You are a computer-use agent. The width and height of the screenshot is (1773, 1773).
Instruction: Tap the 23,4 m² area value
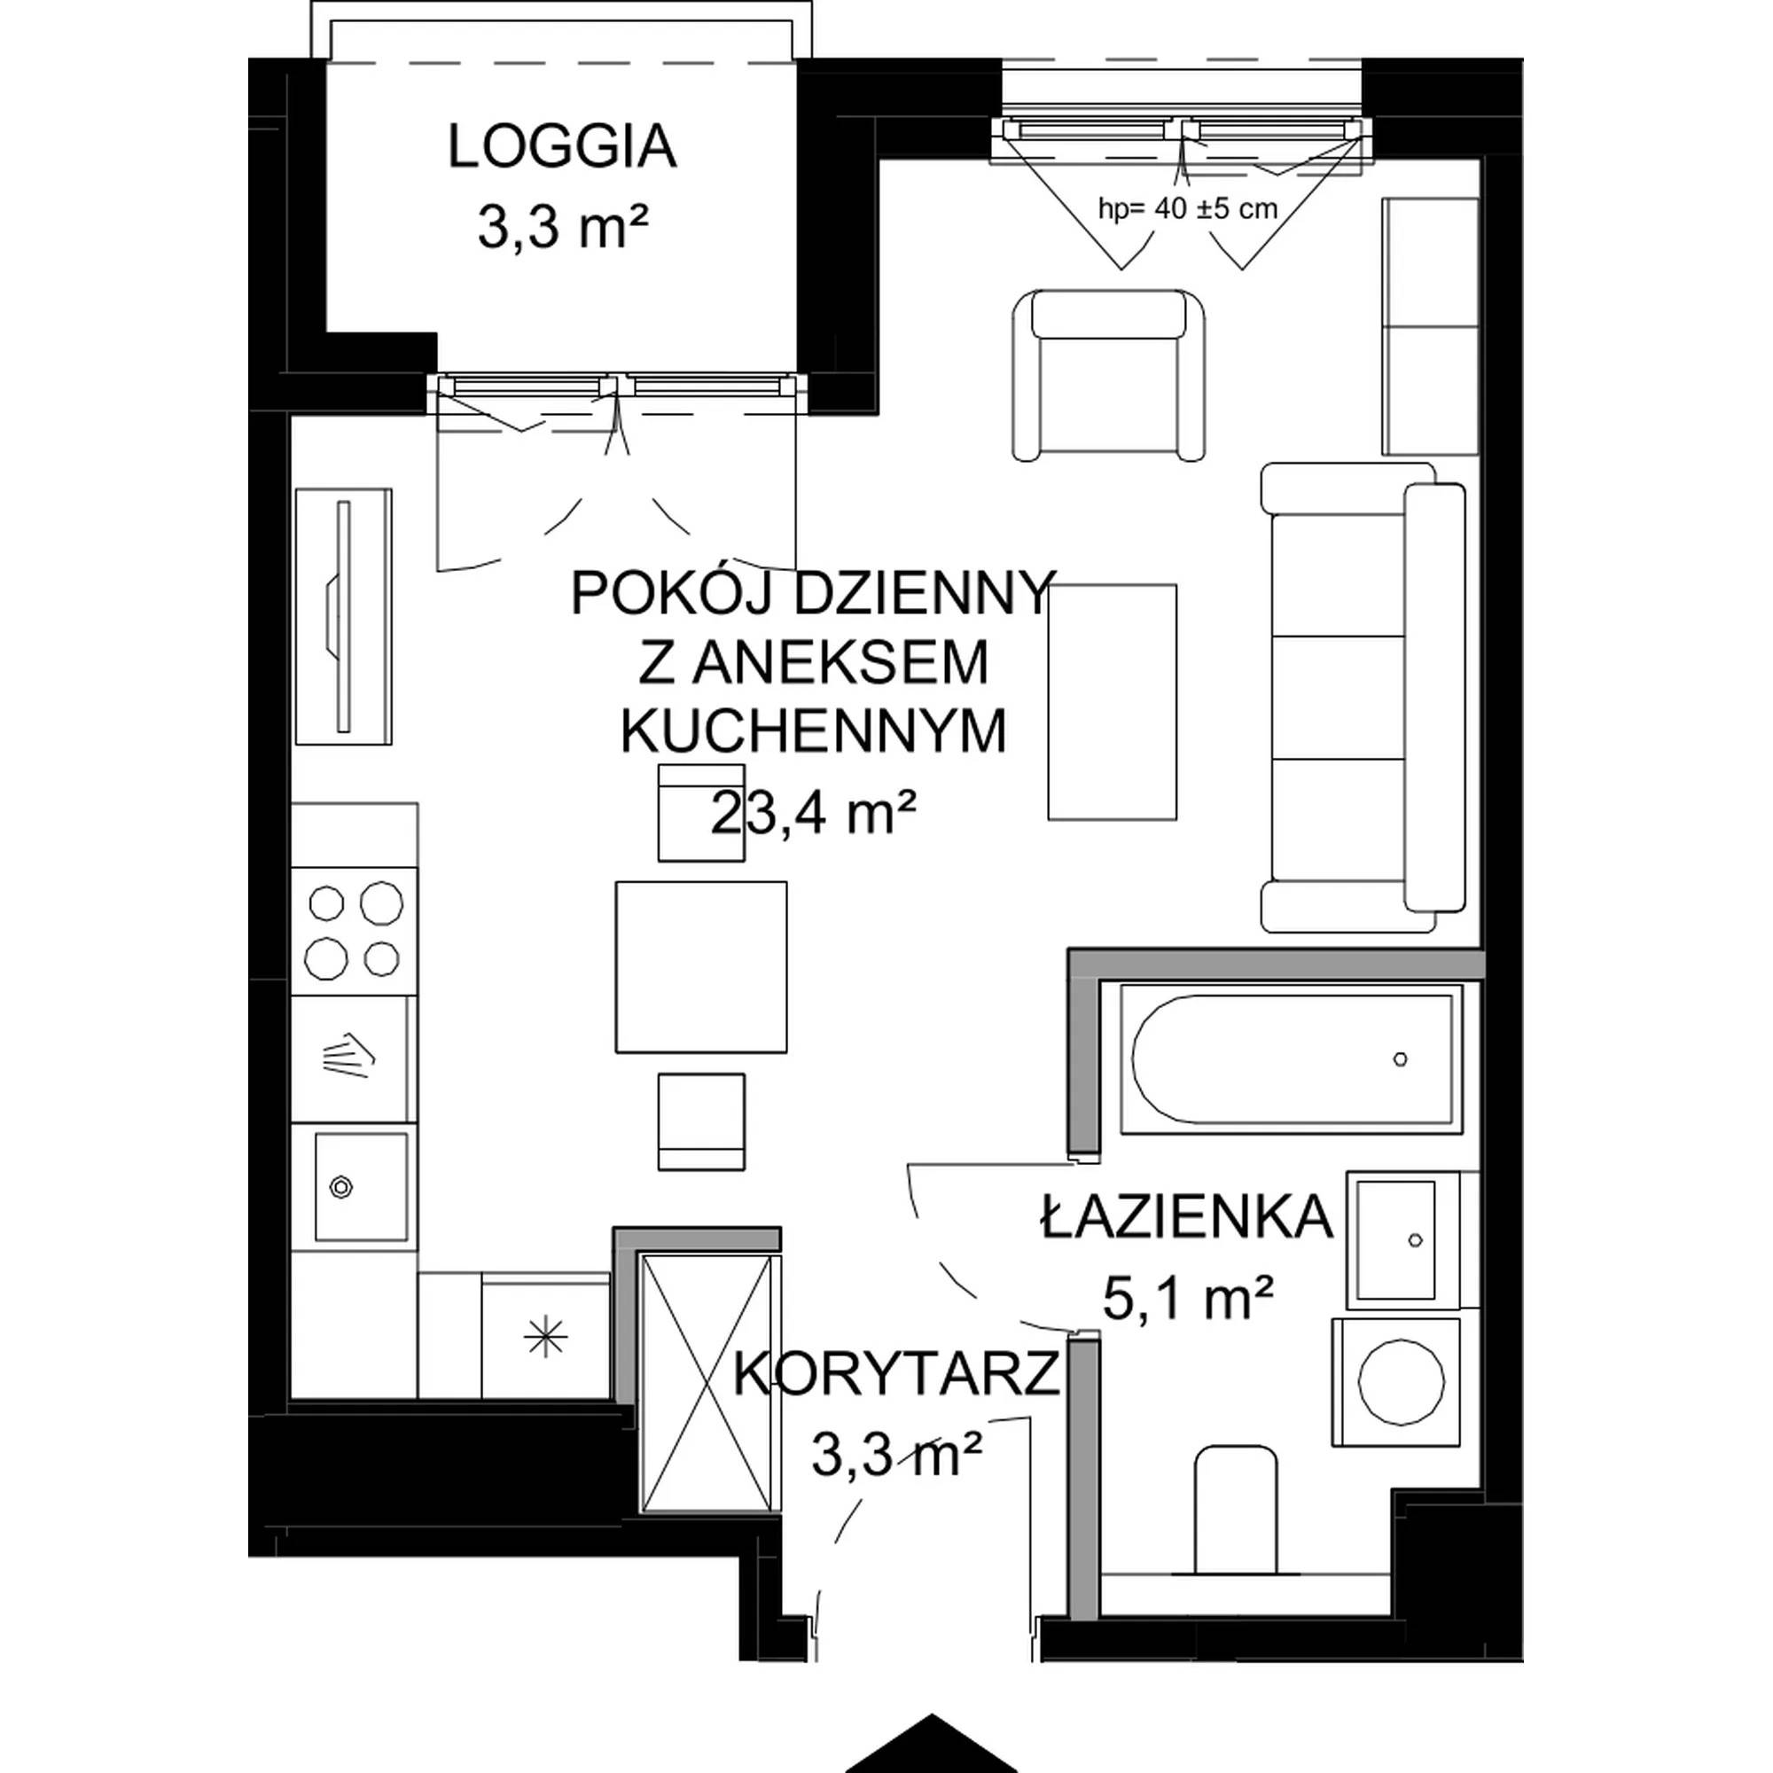814,812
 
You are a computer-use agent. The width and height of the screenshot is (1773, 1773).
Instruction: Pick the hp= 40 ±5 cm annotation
1188,209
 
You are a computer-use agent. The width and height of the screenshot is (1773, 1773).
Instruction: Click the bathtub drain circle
1401,1059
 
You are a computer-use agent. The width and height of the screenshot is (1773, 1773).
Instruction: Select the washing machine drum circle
1402,1381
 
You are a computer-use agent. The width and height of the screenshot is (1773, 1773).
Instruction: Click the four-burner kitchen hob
355,931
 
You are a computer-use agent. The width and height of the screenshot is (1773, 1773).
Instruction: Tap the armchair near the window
1109,374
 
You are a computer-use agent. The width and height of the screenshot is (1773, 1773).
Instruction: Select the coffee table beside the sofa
1113,702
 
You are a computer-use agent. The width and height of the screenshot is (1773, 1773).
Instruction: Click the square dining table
701,967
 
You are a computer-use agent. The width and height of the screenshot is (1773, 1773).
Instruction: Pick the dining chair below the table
701,1121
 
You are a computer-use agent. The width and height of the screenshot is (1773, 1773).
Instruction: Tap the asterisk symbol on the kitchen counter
545,1340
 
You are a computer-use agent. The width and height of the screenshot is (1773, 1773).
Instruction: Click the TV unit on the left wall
343,617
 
